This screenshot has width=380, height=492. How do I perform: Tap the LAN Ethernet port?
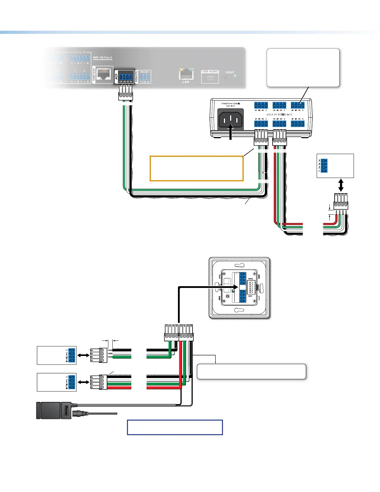click(186, 75)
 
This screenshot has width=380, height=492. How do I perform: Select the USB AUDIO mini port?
click(210, 78)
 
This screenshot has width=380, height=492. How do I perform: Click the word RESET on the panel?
click(230, 72)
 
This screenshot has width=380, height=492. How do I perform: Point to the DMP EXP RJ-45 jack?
click(104, 75)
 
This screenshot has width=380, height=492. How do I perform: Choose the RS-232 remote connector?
click(144, 77)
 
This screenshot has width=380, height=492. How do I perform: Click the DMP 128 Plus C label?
click(102, 57)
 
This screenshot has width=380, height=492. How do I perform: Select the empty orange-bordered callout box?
click(196, 168)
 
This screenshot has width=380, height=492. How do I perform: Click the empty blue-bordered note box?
click(175, 427)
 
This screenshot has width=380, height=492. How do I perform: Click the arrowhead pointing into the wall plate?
click(235, 288)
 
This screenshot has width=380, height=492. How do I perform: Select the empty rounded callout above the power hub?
click(303, 67)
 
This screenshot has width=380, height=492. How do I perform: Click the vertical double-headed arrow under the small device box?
click(341, 185)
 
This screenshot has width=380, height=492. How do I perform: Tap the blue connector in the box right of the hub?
click(324, 166)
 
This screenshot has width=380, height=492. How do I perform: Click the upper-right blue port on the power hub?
click(297, 105)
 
